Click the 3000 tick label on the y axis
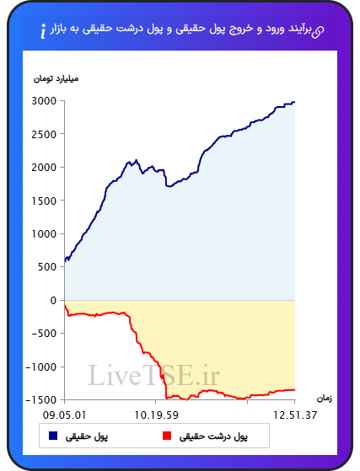(x=44, y=101)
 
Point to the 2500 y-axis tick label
(x=44, y=134)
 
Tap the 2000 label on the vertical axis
(x=44, y=168)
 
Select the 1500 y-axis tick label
(x=44, y=201)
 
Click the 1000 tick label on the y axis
(x=44, y=233)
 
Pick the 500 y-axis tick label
(x=47, y=267)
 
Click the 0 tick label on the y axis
(x=53, y=300)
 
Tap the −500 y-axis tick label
(x=44, y=334)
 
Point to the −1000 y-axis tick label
(x=40, y=367)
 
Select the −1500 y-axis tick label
(x=40, y=400)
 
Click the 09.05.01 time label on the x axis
(x=64, y=415)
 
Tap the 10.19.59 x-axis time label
(x=156, y=415)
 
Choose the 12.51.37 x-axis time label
(x=295, y=415)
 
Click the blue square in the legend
(x=53, y=436)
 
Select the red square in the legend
(x=167, y=436)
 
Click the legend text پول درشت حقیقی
(x=213, y=436)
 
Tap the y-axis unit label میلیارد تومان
(x=56, y=78)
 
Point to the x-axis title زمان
(x=325, y=399)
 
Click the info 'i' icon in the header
(x=43, y=31)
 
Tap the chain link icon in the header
(x=318, y=32)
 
